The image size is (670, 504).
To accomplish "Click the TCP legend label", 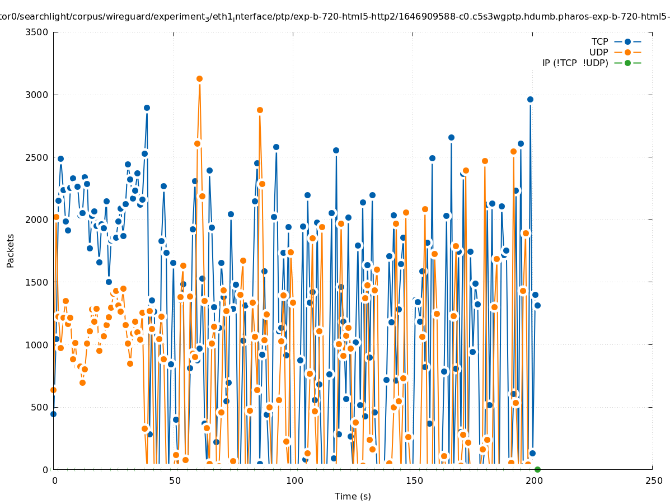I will (x=599, y=41).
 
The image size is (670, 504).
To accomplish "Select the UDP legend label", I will (x=599, y=52).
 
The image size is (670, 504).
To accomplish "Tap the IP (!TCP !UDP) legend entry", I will (x=575, y=63).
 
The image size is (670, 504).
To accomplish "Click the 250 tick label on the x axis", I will (x=653, y=481).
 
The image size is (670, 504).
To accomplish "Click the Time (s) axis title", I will (x=353, y=496).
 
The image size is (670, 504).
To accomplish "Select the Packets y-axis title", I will (x=11, y=250).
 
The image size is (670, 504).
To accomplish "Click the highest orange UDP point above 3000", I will (x=199, y=78).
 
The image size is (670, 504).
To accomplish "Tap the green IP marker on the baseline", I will (x=537, y=469).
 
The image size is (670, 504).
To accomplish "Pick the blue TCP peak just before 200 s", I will (x=530, y=99).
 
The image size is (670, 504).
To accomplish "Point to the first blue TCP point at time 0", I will (x=54, y=414).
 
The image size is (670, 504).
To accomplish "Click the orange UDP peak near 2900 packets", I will (x=260, y=110).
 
